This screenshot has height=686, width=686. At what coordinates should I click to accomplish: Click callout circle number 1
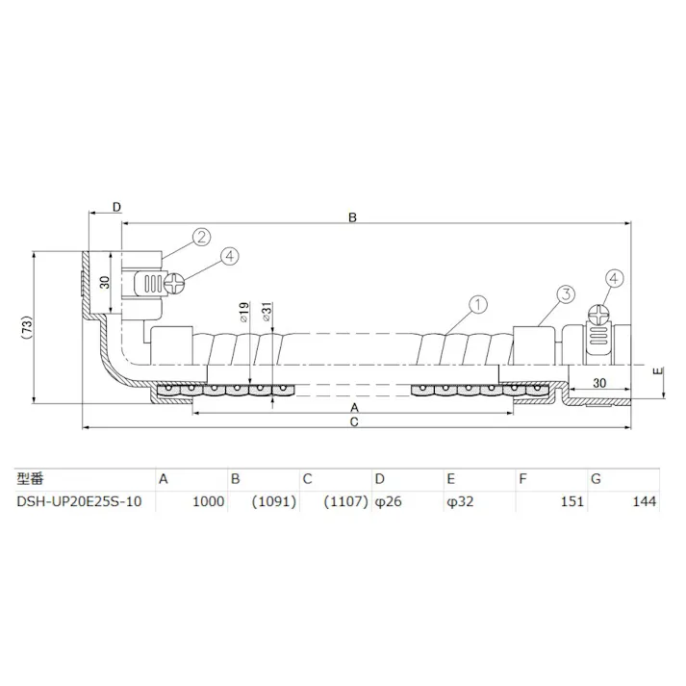[474, 305]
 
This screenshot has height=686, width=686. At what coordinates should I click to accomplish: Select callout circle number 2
[201, 237]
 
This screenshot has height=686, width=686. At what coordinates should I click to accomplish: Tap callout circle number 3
[566, 293]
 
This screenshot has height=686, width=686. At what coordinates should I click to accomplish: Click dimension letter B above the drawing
[352, 218]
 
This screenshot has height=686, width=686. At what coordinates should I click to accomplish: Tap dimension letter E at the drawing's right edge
[656, 370]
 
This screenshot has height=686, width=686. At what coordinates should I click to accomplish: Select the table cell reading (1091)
[273, 501]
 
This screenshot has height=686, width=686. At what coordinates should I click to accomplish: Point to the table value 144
[645, 501]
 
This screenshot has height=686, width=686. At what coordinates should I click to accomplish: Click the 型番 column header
[31, 477]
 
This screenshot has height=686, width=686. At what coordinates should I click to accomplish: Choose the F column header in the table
[521, 477]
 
